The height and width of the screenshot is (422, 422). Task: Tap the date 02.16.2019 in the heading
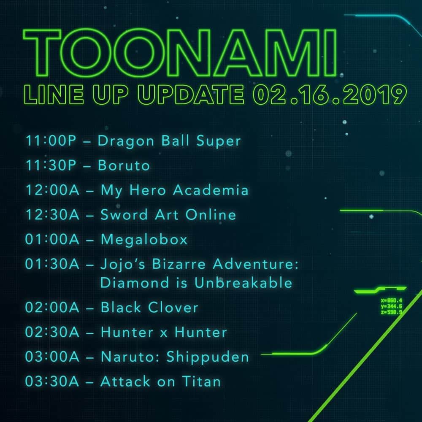330,95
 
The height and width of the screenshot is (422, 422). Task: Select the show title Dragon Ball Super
169,141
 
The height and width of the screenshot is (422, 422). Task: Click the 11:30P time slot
51,165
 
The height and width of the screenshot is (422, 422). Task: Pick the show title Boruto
124,165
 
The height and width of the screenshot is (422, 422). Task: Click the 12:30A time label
52,214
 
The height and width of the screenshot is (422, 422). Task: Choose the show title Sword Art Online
168,214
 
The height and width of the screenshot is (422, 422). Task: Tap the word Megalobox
144,240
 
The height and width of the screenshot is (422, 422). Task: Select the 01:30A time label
52,264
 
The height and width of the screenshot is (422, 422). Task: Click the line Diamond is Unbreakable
196,283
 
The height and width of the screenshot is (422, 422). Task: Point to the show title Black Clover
149,307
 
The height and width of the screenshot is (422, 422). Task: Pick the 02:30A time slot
52,332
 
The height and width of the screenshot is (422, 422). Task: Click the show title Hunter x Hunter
164,332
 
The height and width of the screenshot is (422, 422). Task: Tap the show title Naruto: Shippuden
175,357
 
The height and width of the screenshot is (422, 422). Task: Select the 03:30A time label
52,381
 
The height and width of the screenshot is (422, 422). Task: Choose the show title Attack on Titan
161,381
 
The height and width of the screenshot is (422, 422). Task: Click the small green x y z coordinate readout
391,306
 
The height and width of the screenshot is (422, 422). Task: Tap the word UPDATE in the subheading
191,95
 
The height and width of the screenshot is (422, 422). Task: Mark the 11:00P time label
51,141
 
